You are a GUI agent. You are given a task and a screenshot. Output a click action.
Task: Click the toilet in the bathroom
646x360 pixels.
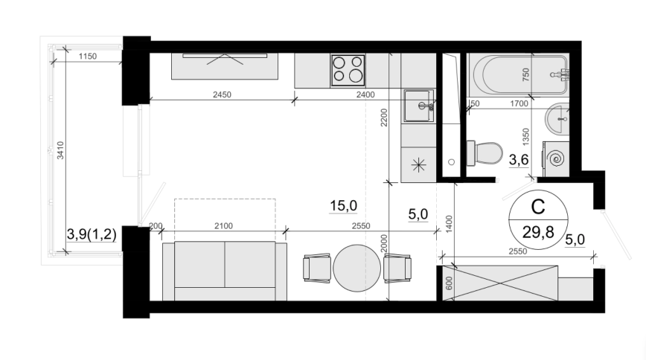(x=485, y=152)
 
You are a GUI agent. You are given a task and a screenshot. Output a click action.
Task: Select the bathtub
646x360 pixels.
(x=521, y=74)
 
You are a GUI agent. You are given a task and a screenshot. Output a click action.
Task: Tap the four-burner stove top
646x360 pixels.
(x=348, y=71)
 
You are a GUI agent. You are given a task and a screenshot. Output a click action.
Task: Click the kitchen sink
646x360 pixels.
(x=418, y=106)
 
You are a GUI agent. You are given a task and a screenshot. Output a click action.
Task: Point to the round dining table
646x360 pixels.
(x=356, y=269)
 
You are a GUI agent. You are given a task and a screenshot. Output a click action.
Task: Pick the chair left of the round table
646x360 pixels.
(x=317, y=269)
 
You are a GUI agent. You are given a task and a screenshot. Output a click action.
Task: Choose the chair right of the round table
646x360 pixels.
(x=397, y=269)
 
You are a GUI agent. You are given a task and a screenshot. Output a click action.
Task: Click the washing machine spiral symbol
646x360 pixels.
(x=557, y=158)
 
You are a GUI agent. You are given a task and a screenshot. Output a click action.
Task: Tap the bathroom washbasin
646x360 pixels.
(x=557, y=118)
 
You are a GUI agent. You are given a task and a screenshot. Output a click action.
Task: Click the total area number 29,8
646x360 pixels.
(x=538, y=233)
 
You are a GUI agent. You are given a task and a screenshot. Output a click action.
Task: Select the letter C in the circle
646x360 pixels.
(x=538, y=207)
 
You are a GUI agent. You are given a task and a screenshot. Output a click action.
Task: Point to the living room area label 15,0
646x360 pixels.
(x=343, y=205)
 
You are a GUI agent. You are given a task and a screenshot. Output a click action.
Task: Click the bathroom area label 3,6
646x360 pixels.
(x=519, y=160)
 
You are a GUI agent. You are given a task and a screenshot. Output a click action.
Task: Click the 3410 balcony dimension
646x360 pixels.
(x=60, y=150)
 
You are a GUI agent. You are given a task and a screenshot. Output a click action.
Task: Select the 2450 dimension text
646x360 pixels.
(x=222, y=94)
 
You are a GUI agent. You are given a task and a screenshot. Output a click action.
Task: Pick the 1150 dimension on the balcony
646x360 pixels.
(x=88, y=57)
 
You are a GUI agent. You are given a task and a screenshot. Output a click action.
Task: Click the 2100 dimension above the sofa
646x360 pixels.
(x=223, y=226)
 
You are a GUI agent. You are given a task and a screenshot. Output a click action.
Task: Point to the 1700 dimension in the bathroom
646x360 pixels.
(x=519, y=104)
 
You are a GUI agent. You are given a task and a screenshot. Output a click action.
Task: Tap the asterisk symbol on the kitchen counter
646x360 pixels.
(x=418, y=165)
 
